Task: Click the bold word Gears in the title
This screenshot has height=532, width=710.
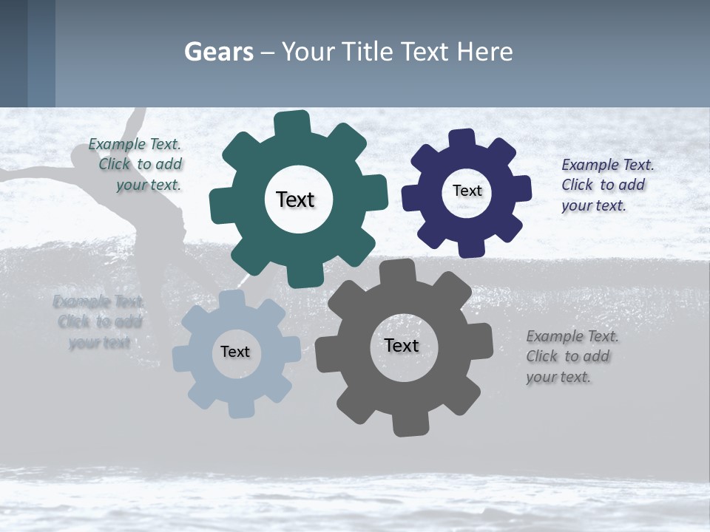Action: tap(219, 52)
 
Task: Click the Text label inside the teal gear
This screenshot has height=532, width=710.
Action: tap(295, 199)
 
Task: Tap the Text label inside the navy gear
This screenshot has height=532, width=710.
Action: tap(467, 191)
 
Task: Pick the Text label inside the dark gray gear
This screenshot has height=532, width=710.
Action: tap(402, 345)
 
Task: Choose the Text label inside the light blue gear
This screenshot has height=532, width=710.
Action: tap(235, 352)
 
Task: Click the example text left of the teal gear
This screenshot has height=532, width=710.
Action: tap(138, 164)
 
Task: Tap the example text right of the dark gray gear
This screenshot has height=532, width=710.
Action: tap(569, 356)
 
